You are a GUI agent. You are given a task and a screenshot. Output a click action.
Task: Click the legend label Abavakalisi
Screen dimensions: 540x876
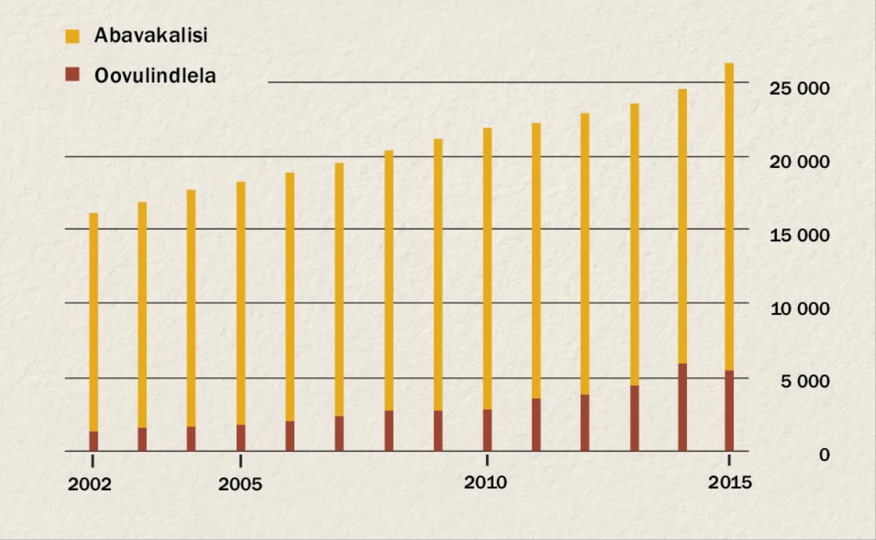coord(150,35)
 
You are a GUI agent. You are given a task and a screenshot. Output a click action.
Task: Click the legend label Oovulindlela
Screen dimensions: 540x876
coord(155,75)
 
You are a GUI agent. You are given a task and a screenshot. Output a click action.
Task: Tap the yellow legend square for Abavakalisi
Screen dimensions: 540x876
coord(72,35)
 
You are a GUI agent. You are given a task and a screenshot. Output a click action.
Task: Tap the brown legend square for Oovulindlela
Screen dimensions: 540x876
coord(72,75)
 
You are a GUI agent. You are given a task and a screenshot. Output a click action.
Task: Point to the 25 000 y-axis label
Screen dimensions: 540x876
coord(800,88)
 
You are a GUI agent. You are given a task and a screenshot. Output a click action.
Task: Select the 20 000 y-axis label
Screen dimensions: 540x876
coord(800,161)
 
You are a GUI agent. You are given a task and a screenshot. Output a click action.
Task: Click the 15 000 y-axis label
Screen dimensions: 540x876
coord(800,235)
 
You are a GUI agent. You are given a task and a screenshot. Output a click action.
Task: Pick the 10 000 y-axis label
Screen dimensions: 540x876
coord(800,308)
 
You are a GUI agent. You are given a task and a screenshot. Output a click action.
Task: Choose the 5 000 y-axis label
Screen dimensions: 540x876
coord(804,381)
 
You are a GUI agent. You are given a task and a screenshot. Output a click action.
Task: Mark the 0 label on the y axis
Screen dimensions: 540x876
coord(823,455)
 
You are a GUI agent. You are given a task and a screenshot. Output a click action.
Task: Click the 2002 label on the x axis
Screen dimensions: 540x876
coord(90,485)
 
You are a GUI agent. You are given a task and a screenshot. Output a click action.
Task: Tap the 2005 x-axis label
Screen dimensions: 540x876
coord(240,485)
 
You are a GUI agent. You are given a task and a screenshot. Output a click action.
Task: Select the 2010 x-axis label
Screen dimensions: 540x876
coord(486,483)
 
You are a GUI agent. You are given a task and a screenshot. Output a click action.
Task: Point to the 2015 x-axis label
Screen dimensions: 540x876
coord(729,483)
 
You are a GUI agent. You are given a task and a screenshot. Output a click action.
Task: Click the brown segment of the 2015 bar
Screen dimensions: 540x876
coord(729,411)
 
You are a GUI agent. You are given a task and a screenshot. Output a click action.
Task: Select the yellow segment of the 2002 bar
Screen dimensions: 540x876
coord(93,322)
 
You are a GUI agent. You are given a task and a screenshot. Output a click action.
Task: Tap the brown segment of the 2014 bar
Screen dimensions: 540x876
coord(682,407)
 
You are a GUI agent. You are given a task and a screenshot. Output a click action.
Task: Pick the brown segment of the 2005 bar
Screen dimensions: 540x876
coord(241,438)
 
